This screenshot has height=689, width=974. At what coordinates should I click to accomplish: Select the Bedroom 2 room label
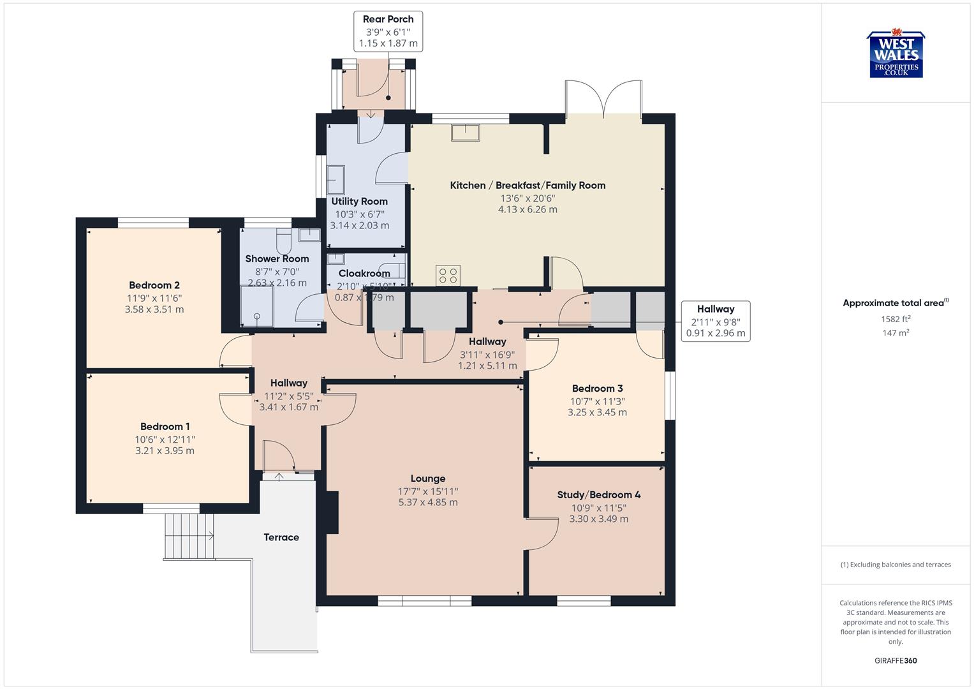pos(154,285)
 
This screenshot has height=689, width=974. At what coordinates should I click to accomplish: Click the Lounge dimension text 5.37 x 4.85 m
pos(428,502)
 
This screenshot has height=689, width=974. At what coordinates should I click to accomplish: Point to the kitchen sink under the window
pos(466,132)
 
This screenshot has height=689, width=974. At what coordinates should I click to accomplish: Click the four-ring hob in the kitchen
pos(448,276)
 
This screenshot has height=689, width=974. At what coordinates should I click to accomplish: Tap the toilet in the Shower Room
pos(283,241)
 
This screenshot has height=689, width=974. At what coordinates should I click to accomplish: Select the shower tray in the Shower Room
pos(257,306)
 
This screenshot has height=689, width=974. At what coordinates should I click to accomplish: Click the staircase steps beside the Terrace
pos(189,535)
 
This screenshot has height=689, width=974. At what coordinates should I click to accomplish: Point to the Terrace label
pos(281,537)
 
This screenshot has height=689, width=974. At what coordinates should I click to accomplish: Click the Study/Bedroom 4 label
pos(598,494)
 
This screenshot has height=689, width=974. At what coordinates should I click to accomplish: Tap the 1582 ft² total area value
pos(896,319)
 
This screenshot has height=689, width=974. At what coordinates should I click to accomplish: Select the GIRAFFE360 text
pos(896,660)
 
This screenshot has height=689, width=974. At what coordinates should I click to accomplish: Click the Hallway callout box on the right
pos(715,321)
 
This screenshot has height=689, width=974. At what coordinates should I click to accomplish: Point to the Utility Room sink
pos(336,181)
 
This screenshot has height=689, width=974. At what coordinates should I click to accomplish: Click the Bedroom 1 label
pos(165,426)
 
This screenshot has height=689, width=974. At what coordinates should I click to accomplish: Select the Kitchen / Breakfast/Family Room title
pos(528,185)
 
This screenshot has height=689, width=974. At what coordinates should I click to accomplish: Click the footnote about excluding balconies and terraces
pos(896,565)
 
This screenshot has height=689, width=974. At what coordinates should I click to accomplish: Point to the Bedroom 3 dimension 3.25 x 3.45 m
pos(597,413)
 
